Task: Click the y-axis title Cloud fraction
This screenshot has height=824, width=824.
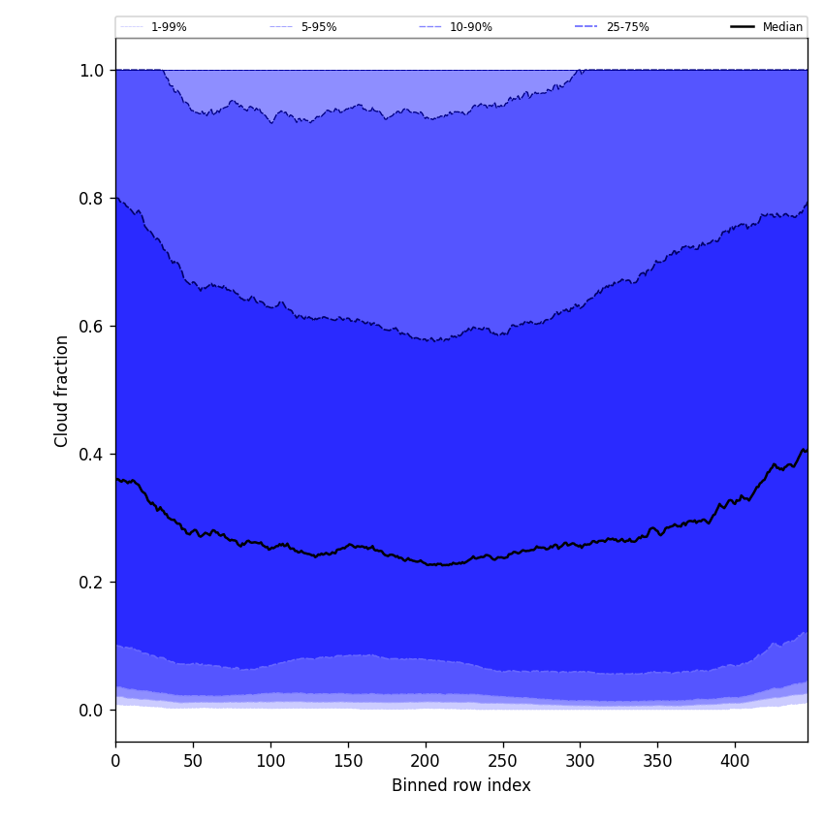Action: (62, 391)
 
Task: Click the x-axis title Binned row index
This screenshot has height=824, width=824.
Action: (461, 785)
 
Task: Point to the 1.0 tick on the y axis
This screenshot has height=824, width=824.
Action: (91, 71)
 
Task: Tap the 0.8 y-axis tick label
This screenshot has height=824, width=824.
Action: (91, 199)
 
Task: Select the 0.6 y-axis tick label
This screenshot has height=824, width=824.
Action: (91, 327)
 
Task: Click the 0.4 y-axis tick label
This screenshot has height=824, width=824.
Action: (91, 455)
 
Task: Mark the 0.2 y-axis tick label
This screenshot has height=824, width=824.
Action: (91, 583)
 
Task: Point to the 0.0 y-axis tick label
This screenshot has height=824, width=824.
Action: (91, 711)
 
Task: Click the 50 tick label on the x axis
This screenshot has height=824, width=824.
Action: (193, 761)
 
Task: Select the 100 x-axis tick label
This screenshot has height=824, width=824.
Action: (270, 761)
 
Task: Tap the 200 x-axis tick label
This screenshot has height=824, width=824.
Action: (425, 761)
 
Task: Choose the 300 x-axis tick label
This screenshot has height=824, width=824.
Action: (580, 761)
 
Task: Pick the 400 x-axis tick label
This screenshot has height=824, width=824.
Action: (735, 761)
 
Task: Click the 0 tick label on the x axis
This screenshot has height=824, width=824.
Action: (115, 761)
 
